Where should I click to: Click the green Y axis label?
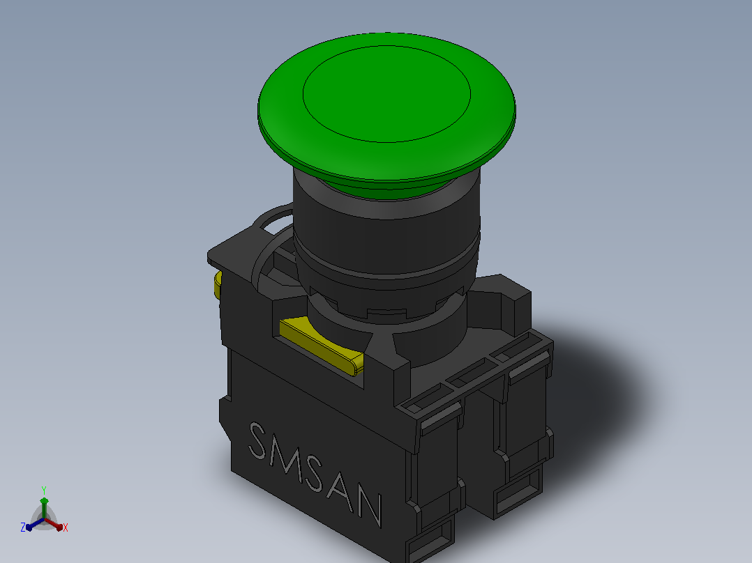click(44, 491)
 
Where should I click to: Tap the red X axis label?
click(66, 527)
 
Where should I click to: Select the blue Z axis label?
click(23, 527)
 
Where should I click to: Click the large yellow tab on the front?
click(322, 346)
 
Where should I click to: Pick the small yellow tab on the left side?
click(218, 285)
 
